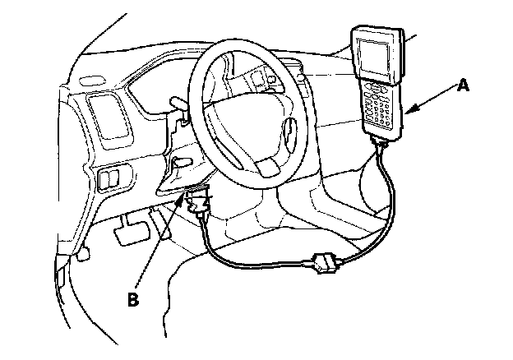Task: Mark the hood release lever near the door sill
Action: click(83, 256)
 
